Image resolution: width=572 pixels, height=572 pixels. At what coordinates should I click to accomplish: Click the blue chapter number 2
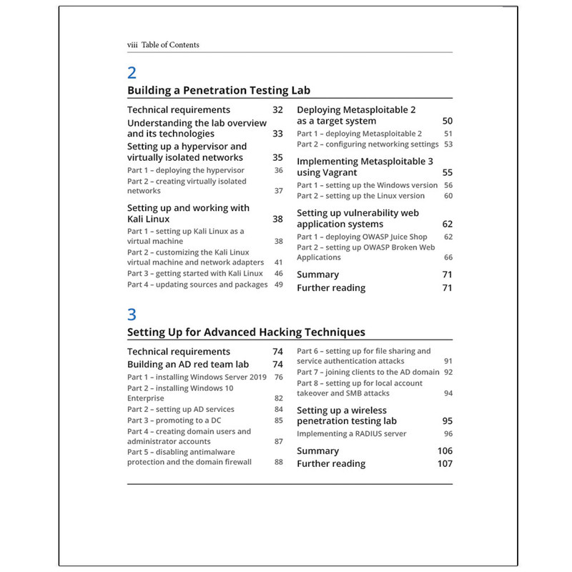[x=132, y=72]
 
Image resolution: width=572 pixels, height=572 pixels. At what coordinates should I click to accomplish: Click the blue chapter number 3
[x=132, y=314]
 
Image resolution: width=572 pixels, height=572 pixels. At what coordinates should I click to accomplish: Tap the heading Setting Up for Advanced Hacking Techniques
[x=246, y=332]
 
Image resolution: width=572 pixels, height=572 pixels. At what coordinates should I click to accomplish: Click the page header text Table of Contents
[x=170, y=45]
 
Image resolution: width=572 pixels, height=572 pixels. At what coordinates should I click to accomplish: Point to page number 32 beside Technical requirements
[x=277, y=110]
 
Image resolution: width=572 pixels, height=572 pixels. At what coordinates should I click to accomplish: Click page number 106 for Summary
[x=445, y=451]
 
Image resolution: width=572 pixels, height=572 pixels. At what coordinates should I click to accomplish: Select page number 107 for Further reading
[x=445, y=464]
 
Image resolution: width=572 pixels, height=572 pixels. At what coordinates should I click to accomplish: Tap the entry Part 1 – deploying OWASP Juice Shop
[x=362, y=237]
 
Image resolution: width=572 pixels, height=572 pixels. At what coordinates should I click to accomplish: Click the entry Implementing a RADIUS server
[x=351, y=433]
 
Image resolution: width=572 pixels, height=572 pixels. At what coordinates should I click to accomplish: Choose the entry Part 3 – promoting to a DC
[x=174, y=420]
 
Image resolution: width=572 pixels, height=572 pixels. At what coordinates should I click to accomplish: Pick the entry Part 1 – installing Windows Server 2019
[x=197, y=377]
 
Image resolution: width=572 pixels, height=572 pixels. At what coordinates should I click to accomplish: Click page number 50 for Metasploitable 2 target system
[x=447, y=122]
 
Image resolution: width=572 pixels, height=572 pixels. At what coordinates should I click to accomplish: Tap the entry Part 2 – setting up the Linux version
[x=360, y=196]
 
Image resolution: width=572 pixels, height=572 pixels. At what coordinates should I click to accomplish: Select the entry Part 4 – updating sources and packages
[x=197, y=285]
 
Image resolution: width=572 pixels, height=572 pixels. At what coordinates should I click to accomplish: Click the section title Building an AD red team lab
[x=188, y=364]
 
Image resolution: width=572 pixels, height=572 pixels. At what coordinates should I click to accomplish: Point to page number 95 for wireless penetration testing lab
[x=447, y=421]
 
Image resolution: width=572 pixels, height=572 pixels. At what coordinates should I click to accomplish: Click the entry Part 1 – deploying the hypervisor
[x=185, y=170]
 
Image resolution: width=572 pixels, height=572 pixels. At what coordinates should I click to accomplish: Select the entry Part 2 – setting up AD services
[x=180, y=409]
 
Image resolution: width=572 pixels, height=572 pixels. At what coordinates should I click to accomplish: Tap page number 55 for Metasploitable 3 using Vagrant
[x=447, y=173]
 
